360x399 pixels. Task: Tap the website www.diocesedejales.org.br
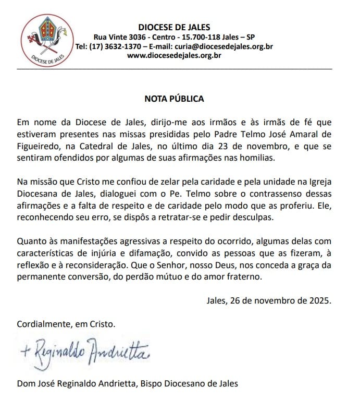tap(174, 56)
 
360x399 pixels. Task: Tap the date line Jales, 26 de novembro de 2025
tap(269, 301)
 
